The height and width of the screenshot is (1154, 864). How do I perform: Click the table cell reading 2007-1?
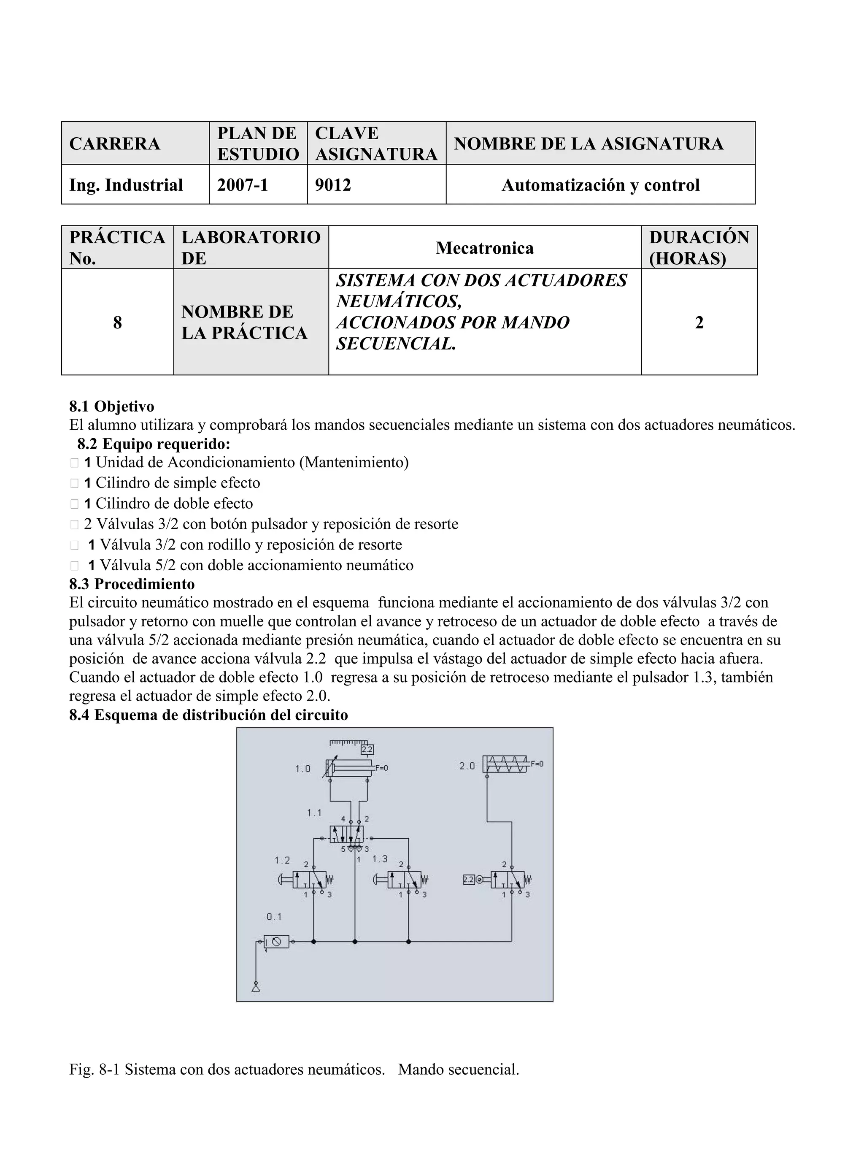(243, 185)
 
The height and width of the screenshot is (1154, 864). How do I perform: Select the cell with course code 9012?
(333, 185)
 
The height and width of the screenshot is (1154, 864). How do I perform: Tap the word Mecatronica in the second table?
(484, 247)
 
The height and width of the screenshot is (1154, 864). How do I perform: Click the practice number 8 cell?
(117, 322)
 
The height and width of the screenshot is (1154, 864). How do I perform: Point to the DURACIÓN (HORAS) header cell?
(699, 247)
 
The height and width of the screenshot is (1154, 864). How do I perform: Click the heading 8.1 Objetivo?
(111, 406)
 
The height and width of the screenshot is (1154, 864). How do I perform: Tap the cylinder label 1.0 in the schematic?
(302, 769)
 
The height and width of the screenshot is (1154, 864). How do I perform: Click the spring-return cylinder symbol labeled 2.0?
(505, 764)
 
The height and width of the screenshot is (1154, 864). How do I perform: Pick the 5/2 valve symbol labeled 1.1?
(346, 834)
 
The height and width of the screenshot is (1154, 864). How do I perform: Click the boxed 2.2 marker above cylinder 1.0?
(367, 750)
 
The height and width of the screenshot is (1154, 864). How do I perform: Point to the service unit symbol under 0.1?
(276, 942)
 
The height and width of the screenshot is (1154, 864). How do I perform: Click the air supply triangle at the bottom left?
(256, 986)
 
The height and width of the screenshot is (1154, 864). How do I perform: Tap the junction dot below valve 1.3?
(408, 942)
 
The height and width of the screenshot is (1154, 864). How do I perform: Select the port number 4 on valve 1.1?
(343, 818)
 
